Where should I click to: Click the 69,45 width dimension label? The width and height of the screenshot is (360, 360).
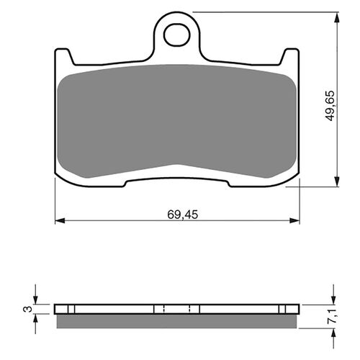tap(183, 215)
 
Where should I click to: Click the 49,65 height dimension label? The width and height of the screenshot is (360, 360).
tap(330, 106)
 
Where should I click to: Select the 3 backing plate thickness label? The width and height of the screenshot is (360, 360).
tap(28, 309)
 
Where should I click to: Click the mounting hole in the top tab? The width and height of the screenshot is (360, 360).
tap(177, 35)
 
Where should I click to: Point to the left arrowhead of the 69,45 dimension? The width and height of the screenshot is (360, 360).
tap(60, 220)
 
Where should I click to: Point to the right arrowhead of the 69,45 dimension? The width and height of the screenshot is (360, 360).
tap(294, 220)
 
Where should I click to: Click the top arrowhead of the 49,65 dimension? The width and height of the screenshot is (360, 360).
tap(337, 17)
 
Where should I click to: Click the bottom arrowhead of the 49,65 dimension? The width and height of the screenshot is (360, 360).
tap(337, 181)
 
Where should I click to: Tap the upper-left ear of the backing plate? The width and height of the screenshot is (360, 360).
tap(63, 55)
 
